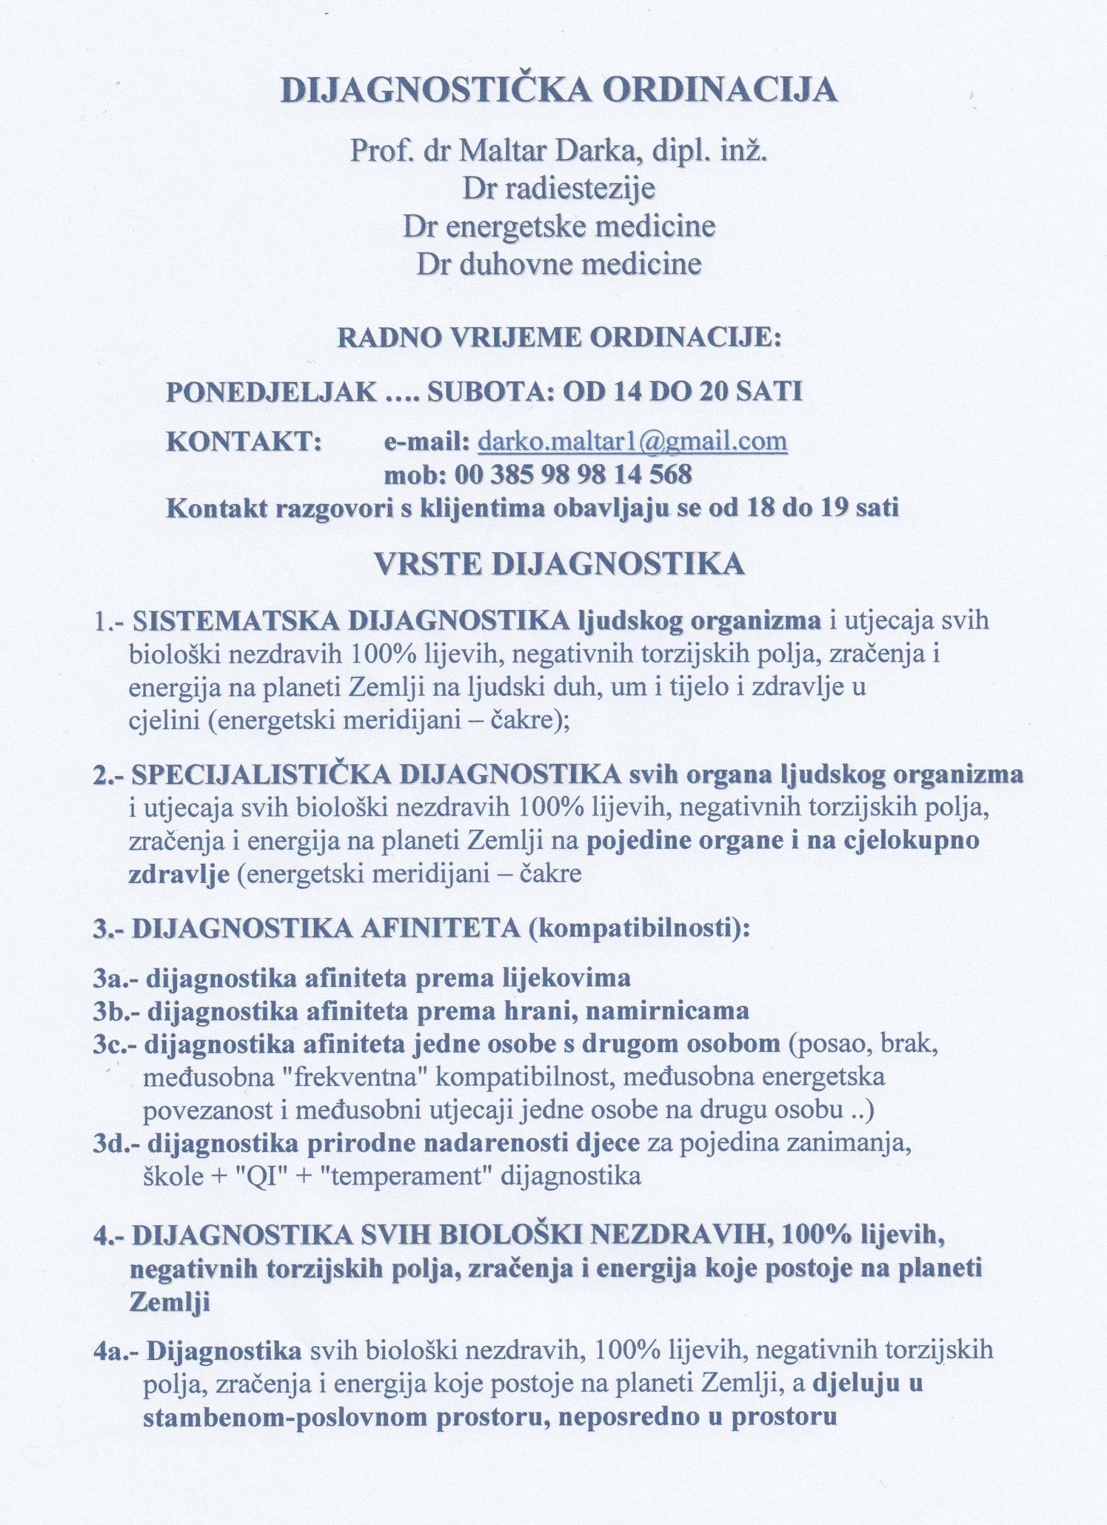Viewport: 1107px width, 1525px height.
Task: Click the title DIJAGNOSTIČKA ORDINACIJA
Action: coord(558,90)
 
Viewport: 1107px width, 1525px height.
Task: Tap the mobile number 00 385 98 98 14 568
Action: coord(573,475)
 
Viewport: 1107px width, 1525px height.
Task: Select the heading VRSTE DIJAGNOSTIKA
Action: coord(559,564)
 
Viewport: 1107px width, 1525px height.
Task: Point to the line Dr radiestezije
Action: coord(558,189)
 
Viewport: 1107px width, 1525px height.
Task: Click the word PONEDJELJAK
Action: coord(271,392)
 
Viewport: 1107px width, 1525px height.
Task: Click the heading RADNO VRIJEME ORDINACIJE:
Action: coord(559,336)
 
